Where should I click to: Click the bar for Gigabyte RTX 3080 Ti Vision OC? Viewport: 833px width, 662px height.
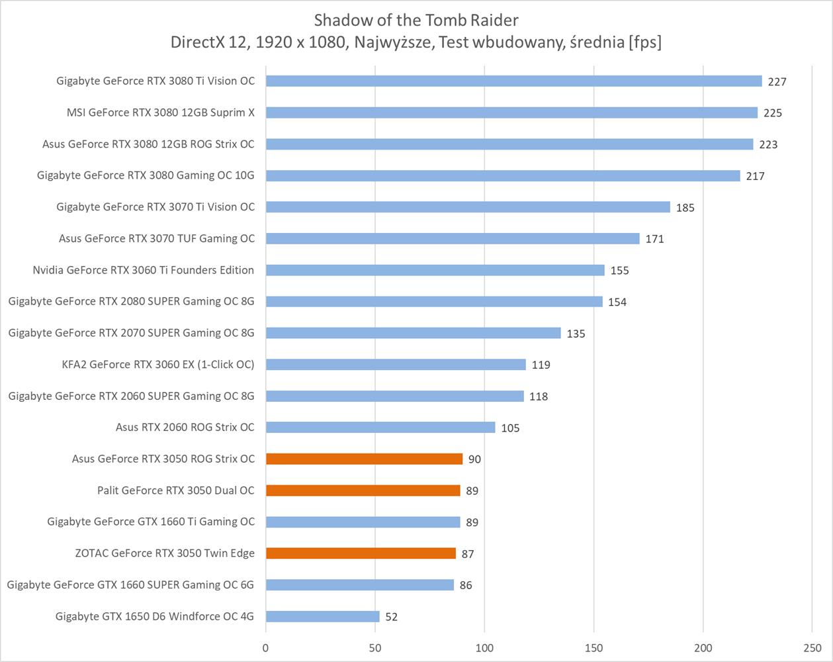[x=513, y=81]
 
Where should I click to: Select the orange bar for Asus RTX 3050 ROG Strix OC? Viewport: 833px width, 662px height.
[x=364, y=459]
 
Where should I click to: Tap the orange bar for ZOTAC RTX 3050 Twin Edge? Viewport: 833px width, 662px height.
[x=361, y=553]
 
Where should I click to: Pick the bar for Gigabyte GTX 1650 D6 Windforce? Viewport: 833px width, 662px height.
[x=322, y=616]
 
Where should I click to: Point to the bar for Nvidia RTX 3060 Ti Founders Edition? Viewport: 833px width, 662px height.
[x=435, y=270]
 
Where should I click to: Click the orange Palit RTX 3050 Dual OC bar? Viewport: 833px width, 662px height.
[x=363, y=491]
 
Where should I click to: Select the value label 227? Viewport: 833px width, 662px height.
[x=777, y=81]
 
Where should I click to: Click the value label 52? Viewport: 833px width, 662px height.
[x=391, y=617]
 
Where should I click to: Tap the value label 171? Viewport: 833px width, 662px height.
[x=654, y=239]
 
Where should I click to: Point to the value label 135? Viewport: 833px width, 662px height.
[x=576, y=334]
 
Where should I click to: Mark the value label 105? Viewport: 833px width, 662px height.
[x=510, y=428]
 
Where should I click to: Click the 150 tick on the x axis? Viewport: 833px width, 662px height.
[x=593, y=648]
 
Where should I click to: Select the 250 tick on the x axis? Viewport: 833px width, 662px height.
[x=812, y=648]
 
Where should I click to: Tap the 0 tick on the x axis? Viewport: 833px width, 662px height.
[x=266, y=648]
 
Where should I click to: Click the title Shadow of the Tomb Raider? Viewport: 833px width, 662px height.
[x=416, y=19]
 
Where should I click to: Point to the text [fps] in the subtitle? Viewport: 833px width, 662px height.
[x=645, y=42]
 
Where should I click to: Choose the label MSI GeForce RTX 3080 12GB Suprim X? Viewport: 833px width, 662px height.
[x=160, y=113]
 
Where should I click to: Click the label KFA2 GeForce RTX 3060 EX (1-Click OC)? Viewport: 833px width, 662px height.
[x=157, y=364]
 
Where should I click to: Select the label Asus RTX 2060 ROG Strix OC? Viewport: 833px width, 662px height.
[x=185, y=427]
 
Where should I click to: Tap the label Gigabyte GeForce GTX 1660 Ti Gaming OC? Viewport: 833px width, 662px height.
[x=150, y=522]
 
